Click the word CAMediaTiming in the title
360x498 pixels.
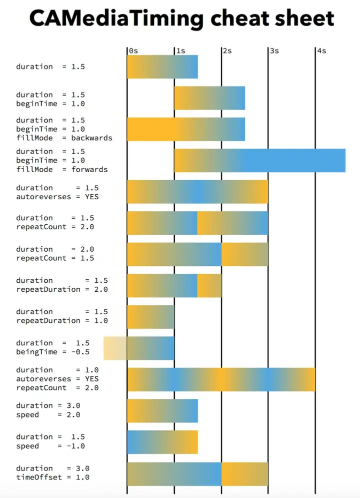click(x=116, y=19)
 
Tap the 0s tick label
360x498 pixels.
click(x=133, y=51)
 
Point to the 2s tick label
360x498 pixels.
click(x=227, y=51)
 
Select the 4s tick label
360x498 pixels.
click(x=321, y=51)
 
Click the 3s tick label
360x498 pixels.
click(x=274, y=51)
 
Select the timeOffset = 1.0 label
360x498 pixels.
click(x=52, y=477)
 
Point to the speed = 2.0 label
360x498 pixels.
click(x=48, y=415)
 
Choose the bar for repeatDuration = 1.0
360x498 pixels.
click(x=150, y=317)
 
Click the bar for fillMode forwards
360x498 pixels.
click(x=259, y=160)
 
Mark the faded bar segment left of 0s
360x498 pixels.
click(x=115, y=348)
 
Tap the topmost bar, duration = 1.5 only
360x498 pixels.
click(x=162, y=67)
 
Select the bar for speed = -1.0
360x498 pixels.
click(x=162, y=442)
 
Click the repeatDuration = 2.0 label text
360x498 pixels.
click(x=61, y=289)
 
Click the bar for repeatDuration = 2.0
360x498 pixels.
click(x=174, y=286)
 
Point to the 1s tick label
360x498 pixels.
click(x=180, y=51)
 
